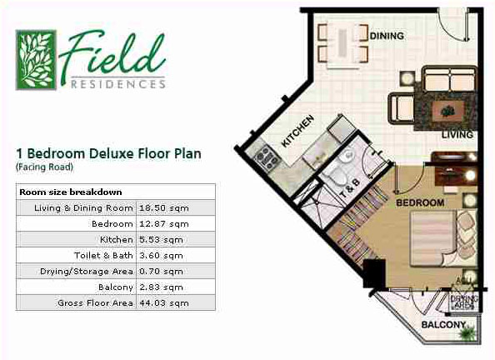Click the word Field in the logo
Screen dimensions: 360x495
pyautogui.click(x=112, y=52)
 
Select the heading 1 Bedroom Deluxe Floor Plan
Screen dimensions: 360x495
pyautogui.click(x=108, y=153)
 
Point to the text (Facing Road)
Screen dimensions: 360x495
pyautogui.click(x=44, y=167)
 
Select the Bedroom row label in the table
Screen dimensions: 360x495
pyautogui.click(x=112, y=223)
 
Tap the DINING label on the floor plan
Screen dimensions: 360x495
pyautogui.click(x=387, y=36)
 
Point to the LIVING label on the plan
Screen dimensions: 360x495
pyautogui.click(x=457, y=134)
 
